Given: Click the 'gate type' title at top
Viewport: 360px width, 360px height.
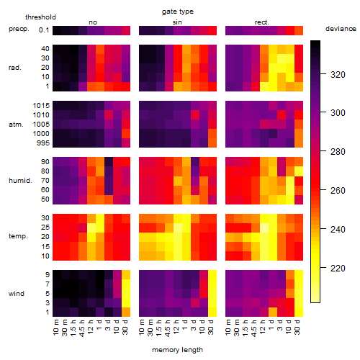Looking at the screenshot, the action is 178,12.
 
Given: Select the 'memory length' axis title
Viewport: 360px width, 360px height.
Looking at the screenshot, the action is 177,350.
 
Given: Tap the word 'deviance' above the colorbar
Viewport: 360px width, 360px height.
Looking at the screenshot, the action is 341,29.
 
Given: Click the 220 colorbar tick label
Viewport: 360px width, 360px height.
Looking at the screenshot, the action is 338,268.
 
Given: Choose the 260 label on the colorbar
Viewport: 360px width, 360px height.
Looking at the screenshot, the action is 338,191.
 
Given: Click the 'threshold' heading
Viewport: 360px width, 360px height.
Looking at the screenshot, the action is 40,17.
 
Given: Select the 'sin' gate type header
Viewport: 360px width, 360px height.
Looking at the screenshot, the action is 177,22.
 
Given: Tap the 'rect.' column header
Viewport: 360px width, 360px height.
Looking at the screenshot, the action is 262,22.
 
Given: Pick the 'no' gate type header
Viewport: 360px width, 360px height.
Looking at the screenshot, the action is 93,22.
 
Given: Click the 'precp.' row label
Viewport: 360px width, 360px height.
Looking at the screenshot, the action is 19,29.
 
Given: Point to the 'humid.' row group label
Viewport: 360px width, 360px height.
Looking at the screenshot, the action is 20,181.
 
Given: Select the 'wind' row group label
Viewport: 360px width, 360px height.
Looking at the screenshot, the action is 17,294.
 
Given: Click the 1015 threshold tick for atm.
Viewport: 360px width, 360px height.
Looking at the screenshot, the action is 41,105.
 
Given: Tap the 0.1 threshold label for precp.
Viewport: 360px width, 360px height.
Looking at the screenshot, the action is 44,30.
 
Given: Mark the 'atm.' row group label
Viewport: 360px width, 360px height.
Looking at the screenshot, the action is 16,125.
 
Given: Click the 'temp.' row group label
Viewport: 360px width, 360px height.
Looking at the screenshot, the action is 18,236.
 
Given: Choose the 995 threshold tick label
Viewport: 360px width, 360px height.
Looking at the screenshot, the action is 43,143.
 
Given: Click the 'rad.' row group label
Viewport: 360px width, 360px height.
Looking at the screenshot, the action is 15,68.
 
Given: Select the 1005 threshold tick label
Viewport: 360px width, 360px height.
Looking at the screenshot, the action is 41,125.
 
